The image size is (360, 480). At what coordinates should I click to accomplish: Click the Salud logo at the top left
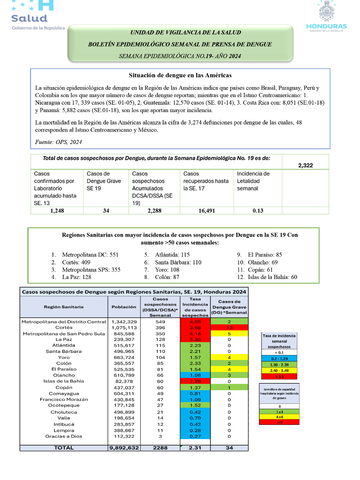click(37, 16)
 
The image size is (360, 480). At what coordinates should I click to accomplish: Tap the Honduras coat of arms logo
click(326, 16)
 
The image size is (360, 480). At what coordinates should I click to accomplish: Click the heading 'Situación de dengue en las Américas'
click(180, 75)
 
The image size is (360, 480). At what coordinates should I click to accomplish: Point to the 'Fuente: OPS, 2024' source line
click(58, 142)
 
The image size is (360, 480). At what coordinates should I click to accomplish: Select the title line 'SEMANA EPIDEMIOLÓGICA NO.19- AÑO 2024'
click(180, 56)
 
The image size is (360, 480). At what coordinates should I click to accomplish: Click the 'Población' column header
click(124, 307)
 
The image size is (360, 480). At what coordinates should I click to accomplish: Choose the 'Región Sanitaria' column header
click(64, 307)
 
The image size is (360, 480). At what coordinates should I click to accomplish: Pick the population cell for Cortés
click(124, 328)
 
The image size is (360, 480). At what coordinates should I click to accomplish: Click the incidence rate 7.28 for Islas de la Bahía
click(195, 381)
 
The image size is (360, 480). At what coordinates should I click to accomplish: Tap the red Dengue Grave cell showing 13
click(229, 328)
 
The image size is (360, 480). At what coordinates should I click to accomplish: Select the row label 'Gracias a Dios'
click(64, 436)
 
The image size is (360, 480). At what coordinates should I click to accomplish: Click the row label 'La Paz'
click(64, 339)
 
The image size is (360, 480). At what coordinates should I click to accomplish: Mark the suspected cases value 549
click(160, 322)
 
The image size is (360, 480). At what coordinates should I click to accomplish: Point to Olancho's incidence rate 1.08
click(195, 375)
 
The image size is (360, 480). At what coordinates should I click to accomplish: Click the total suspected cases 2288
click(160, 448)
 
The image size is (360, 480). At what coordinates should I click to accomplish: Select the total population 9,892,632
click(124, 448)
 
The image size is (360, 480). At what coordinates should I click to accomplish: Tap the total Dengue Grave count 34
click(229, 448)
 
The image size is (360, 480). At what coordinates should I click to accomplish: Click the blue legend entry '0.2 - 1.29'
click(279, 358)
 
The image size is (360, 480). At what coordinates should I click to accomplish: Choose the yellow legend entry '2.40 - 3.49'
click(279, 370)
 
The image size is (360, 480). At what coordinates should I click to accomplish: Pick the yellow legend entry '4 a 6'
click(279, 417)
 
